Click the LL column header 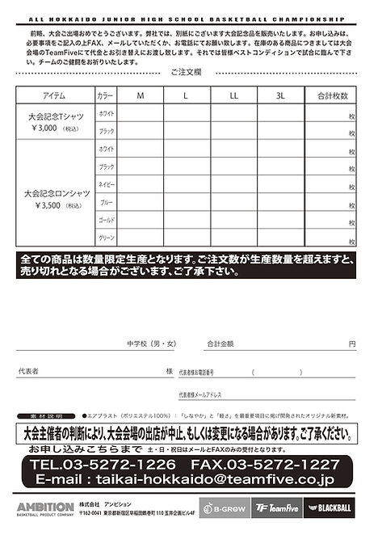pyautogui.click(x=234, y=95)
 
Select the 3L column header pyautogui.click(x=280, y=95)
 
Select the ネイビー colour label pyautogui.click(x=106, y=184)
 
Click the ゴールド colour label pyautogui.click(x=106, y=221)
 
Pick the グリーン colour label pyautogui.click(x=106, y=238)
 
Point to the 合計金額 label pyautogui.click(x=220, y=343)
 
